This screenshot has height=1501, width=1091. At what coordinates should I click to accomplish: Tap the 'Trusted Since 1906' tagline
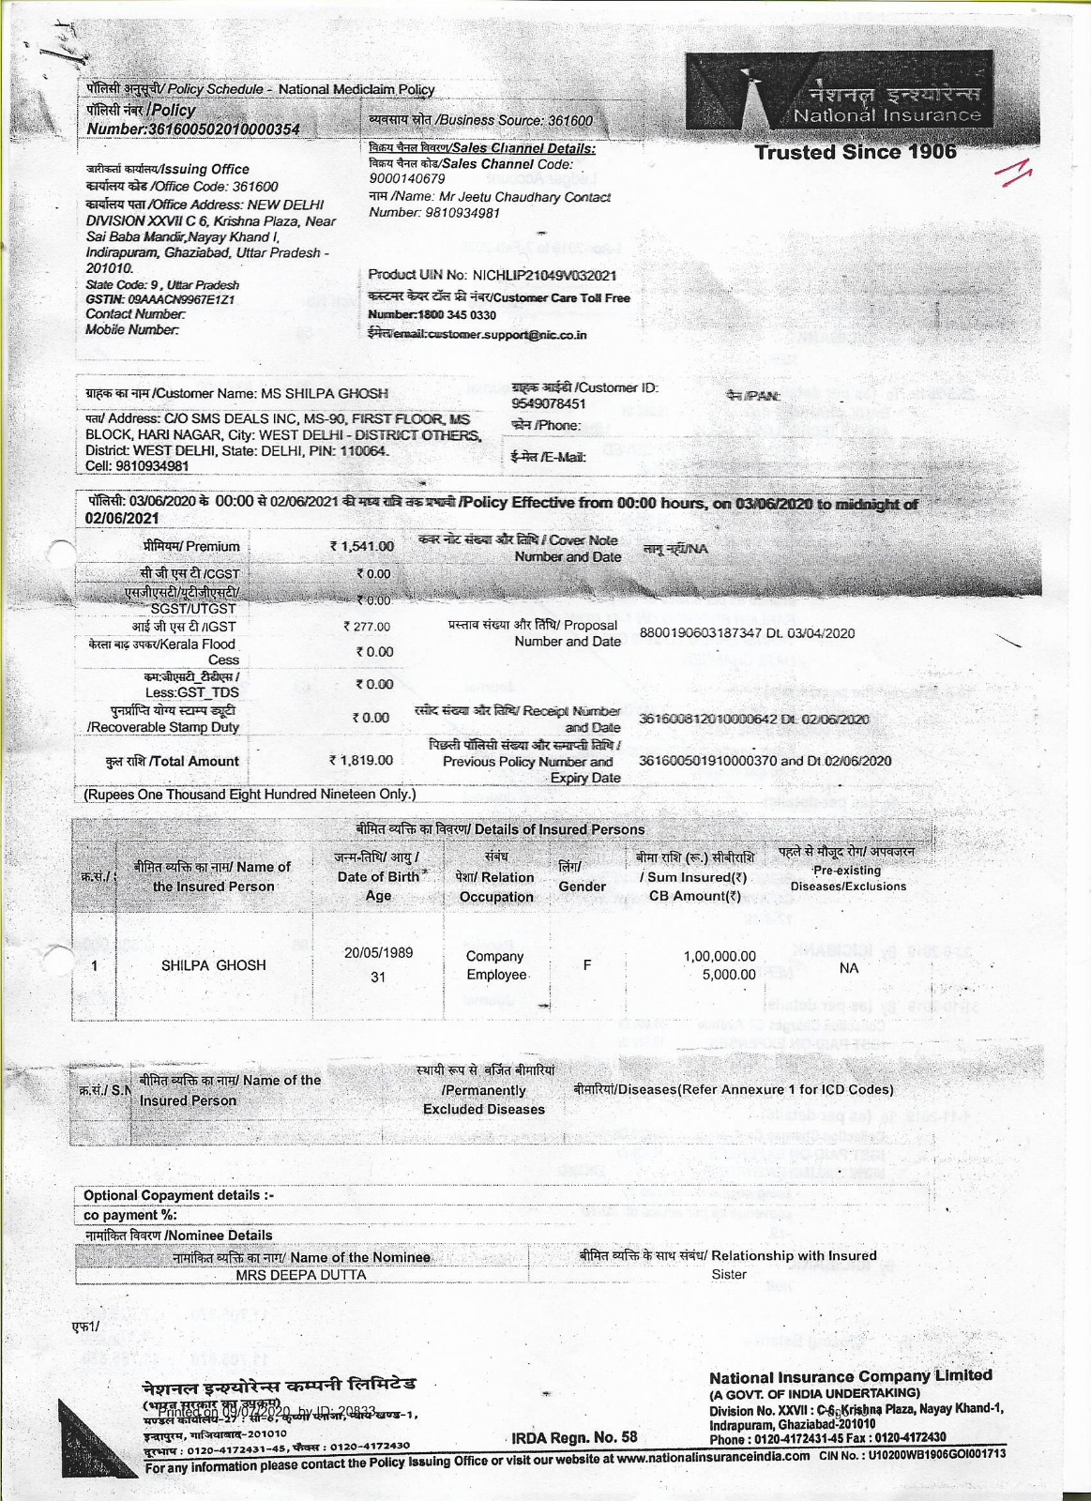[856, 152]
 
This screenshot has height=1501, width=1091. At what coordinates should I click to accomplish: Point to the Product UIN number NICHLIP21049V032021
[544, 275]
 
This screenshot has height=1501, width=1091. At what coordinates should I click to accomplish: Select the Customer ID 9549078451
[549, 403]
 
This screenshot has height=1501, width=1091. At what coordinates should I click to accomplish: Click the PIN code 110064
[362, 450]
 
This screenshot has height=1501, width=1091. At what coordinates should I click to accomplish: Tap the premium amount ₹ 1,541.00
[361, 546]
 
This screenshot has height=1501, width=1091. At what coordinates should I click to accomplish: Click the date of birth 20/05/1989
[378, 952]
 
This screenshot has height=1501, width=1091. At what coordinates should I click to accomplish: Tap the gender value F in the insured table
[586, 964]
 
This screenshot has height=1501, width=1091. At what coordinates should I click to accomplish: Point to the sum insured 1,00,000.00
[719, 956]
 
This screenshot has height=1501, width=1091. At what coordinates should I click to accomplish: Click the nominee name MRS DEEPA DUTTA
[301, 1275]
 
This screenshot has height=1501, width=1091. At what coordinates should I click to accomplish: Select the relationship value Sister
[729, 1274]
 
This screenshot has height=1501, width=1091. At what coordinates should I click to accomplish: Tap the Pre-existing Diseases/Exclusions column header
[847, 870]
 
